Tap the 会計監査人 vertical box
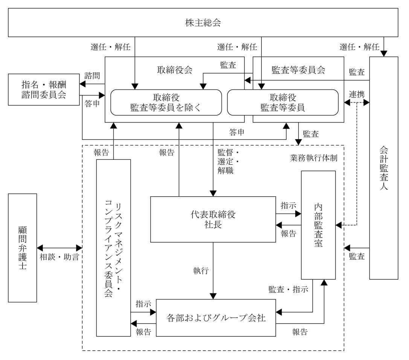pos(384,167)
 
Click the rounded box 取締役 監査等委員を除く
pos(166,102)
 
